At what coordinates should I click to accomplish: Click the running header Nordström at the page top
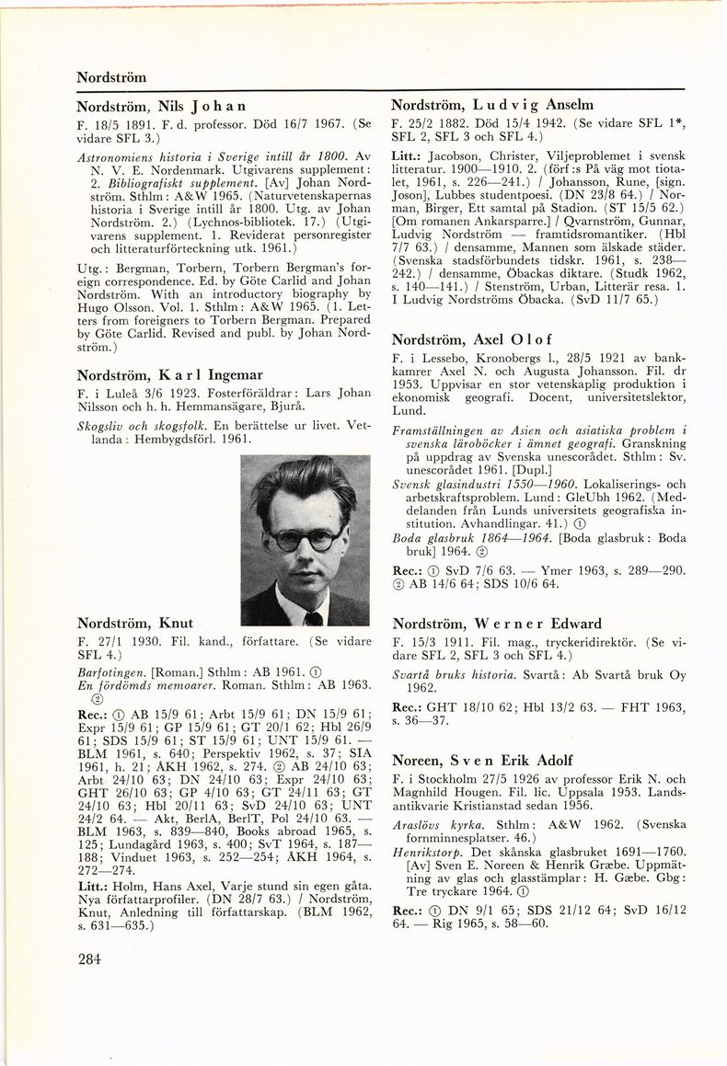point(111,76)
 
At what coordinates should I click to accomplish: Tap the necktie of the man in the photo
point(313,618)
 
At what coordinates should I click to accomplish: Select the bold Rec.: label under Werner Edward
point(407,706)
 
